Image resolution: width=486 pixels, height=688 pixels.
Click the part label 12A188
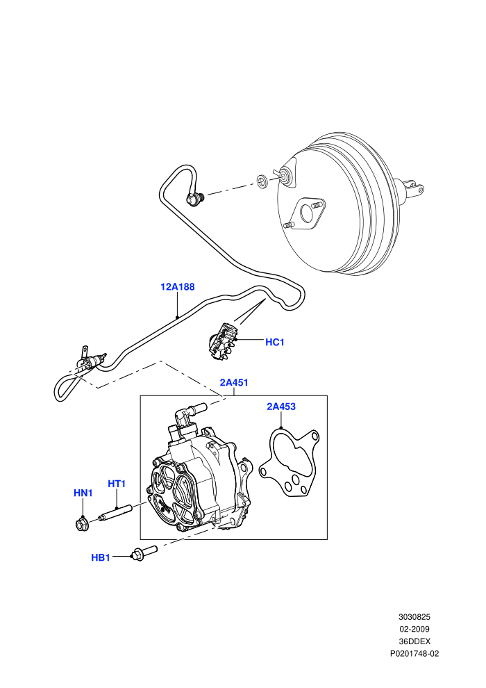pyautogui.click(x=178, y=287)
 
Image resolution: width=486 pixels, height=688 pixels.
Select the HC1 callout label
pyautogui.click(x=275, y=342)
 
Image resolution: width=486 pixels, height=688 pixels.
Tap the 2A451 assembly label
pyautogui.click(x=234, y=383)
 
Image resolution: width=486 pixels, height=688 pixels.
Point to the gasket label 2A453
pyautogui.click(x=281, y=407)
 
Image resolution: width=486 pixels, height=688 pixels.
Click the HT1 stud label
pyautogui.click(x=117, y=484)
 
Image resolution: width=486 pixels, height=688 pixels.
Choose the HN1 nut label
pyautogui.click(x=83, y=493)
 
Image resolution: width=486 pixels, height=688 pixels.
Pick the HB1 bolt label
pyautogui.click(x=101, y=557)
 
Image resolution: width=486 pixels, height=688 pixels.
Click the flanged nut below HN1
pyautogui.click(x=82, y=524)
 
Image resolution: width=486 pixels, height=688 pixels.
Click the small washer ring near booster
pyautogui.click(x=262, y=181)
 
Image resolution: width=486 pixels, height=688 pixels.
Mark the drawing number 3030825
pyautogui.click(x=414, y=617)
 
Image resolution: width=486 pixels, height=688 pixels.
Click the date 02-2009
pyautogui.click(x=414, y=629)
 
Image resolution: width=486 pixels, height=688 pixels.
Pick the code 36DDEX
pyautogui.click(x=414, y=641)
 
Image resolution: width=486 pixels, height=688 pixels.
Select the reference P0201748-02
pyautogui.click(x=414, y=654)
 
